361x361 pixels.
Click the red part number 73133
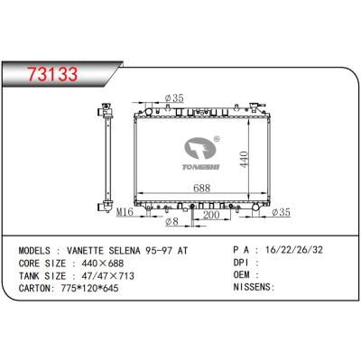[53, 74]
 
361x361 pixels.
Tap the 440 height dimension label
[244, 159]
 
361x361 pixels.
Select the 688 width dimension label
[201, 188]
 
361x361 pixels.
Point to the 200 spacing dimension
[211, 215]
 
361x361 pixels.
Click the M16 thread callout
[125, 212]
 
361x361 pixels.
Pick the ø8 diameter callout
[172, 222]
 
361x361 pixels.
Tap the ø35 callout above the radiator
[174, 97]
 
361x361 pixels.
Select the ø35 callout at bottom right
[281, 212]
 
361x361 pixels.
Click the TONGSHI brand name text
[201, 167]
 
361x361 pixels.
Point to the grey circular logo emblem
[200, 149]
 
